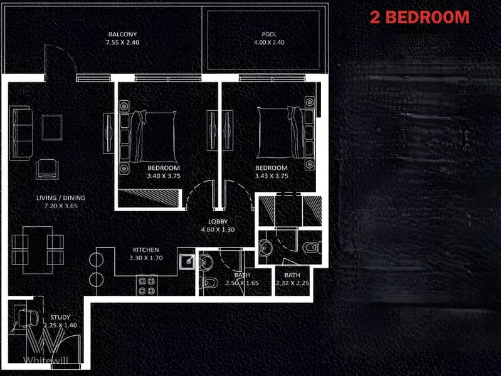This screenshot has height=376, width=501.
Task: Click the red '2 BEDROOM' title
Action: (419, 18)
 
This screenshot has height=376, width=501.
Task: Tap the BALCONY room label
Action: (122, 34)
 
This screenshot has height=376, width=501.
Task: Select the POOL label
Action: (269, 34)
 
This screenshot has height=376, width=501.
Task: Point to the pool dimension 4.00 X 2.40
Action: (269, 42)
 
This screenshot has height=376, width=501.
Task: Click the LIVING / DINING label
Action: (61, 198)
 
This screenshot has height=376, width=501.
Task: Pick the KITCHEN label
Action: (145, 250)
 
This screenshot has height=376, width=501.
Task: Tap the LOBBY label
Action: (218, 221)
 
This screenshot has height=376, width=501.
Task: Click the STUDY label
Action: (60, 317)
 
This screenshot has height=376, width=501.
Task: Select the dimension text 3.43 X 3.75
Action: (272, 175)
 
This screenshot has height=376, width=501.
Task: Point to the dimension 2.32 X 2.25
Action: (292, 283)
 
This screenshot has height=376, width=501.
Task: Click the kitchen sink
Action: (187, 262)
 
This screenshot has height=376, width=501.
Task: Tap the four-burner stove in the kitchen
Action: (147, 286)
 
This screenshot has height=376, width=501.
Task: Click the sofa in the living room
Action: (21, 133)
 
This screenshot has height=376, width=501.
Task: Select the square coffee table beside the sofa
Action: (52, 127)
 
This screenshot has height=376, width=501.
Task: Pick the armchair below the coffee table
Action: (47, 169)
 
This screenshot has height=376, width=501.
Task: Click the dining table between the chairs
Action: (38, 250)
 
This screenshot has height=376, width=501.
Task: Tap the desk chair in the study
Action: (28, 318)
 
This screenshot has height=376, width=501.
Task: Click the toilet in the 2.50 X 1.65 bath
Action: (209, 283)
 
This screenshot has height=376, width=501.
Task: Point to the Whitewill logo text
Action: (46, 360)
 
